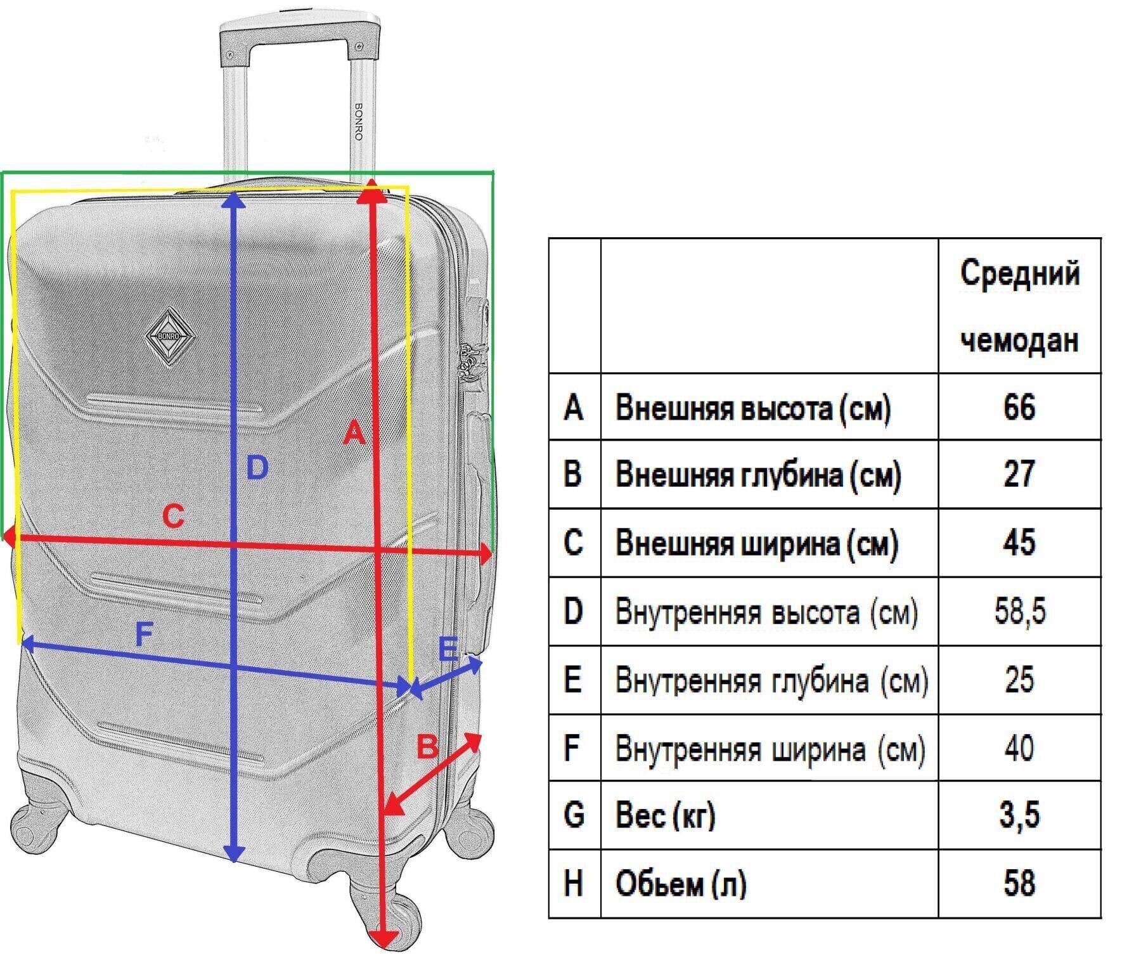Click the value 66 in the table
tap(1019, 406)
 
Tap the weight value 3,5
tap(1019, 815)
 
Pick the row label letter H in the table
tap(573, 883)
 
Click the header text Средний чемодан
tap(1019, 306)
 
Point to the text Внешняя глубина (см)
tap(758, 475)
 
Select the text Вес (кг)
tap(665, 815)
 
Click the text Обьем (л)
tap(681, 883)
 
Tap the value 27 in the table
tap(1019, 474)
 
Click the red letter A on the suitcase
tap(354, 433)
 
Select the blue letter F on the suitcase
tap(145, 634)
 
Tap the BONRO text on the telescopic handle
tap(359, 122)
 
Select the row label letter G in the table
tap(573, 815)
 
